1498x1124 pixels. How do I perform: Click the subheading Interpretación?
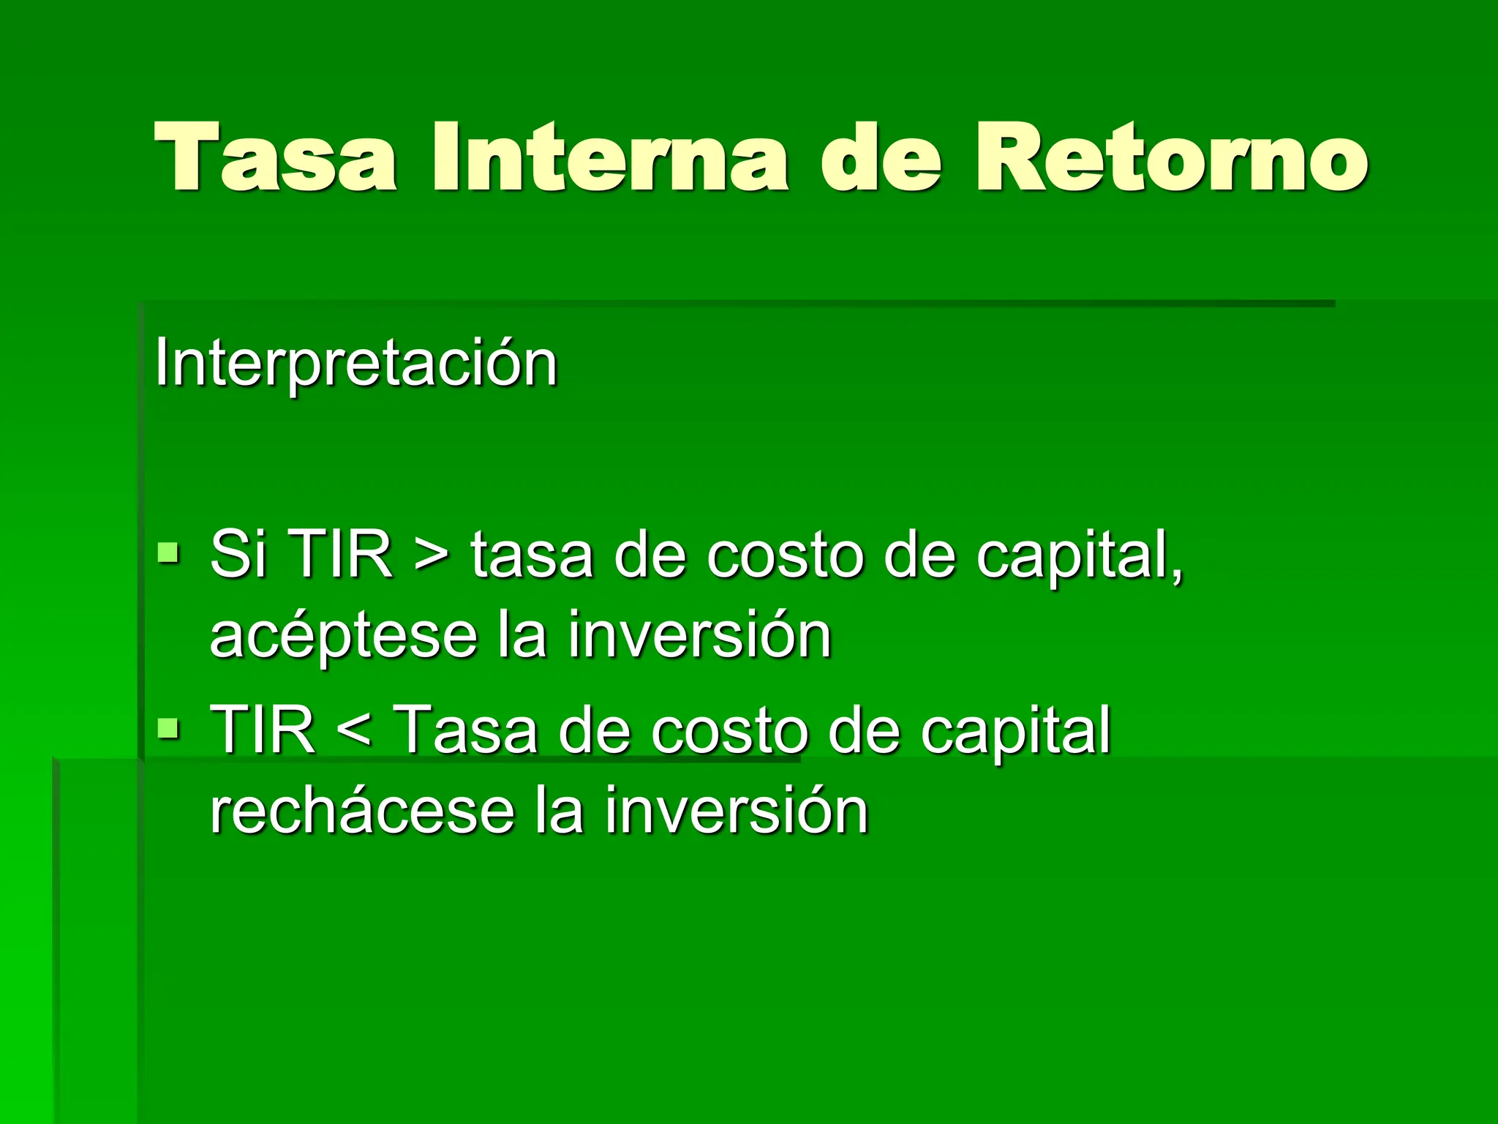click(355, 363)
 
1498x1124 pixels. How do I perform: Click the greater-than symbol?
click(432, 556)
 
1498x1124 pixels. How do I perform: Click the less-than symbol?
click(355, 732)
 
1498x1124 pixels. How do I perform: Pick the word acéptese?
click(343, 635)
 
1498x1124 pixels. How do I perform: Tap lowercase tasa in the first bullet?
click(531, 556)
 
